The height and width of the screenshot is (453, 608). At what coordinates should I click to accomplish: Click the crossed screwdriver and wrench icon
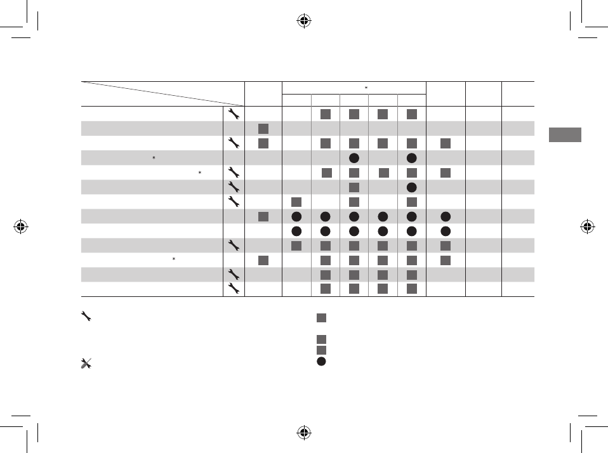pyautogui.click(x=87, y=364)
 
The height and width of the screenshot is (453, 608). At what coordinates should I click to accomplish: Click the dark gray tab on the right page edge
pyautogui.click(x=565, y=135)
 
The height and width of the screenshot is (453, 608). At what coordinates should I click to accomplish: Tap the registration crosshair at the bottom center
pyautogui.click(x=304, y=433)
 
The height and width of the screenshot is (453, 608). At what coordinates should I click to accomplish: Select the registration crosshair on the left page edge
pyautogui.click(x=21, y=226)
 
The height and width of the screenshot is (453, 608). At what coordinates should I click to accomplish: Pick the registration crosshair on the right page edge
pyautogui.click(x=587, y=226)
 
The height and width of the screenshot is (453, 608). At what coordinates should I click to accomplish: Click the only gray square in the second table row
pyautogui.click(x=263, y=129)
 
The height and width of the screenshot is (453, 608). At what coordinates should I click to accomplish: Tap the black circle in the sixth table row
pyautogui.click(x=412, y=187)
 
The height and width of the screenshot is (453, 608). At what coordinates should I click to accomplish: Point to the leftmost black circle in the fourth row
pyautogui.click(x=354, y=158)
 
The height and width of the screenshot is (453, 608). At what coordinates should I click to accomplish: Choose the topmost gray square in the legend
pyautogui.click(x=321, y=318)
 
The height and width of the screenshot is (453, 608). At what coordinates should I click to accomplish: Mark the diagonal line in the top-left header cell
pyautogui.click(x=162, y=93)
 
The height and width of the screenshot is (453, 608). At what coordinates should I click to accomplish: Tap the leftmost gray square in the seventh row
pyautogui.click(x=296, y=202)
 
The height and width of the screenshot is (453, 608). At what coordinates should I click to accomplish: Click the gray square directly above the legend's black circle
pyautogui.click(x=321, y=350)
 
